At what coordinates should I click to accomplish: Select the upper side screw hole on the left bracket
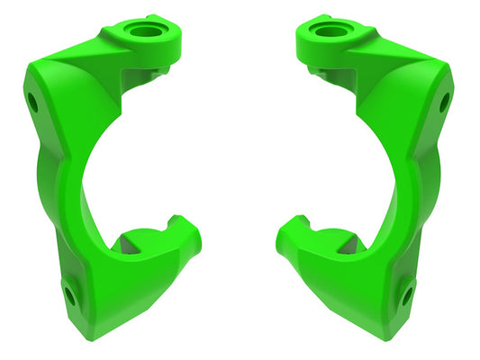click(x=32, y=102)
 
